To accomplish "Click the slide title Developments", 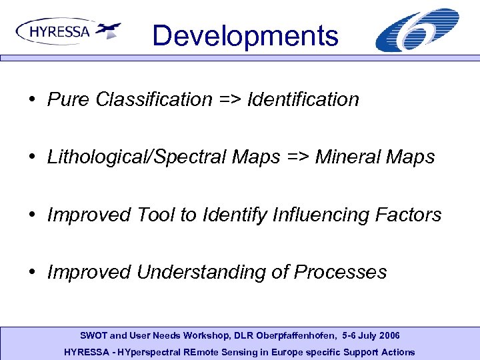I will pos(245,35).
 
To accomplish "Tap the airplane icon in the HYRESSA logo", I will pos(108,30).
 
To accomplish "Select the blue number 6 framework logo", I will pos(417,30).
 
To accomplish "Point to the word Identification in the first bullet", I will pos(303,100).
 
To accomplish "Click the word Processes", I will pos(340,272).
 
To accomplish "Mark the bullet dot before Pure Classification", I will pos(32,100).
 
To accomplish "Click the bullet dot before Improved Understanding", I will pos(32,272).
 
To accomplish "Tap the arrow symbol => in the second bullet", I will pos(297,157).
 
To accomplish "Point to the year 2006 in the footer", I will pos(388,335).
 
